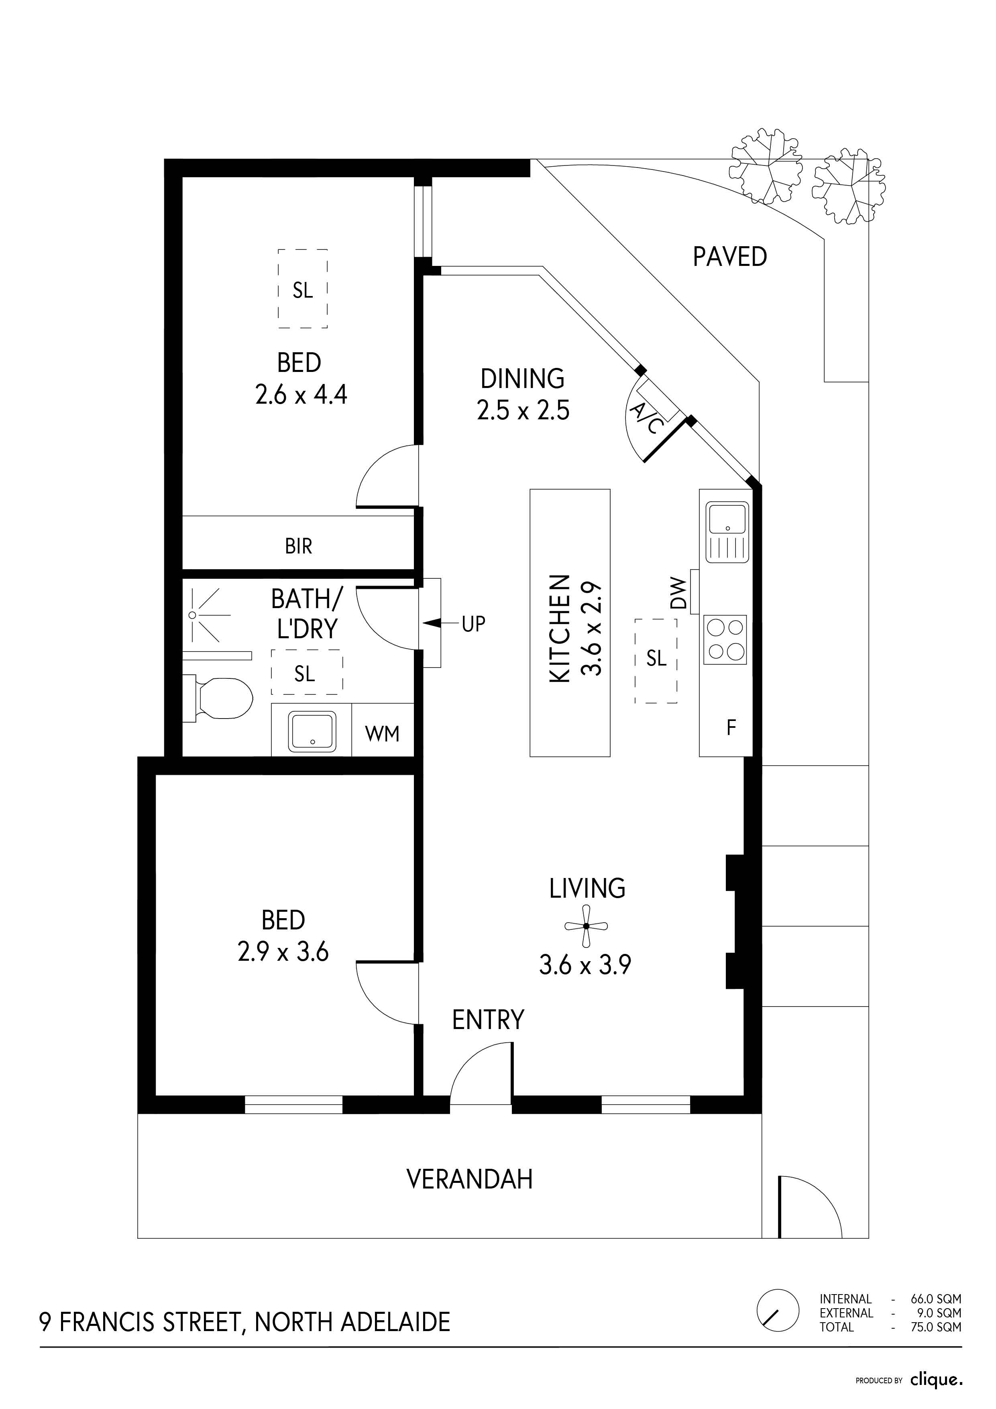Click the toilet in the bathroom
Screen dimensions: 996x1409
(218, 698)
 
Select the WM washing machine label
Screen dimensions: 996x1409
(382, 733)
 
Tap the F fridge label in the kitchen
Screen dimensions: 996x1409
(731, 728)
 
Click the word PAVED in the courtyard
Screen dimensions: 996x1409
(730, 257)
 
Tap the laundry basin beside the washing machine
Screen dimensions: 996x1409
(313, 731)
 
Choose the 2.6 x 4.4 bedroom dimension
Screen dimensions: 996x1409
(301, 394)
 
